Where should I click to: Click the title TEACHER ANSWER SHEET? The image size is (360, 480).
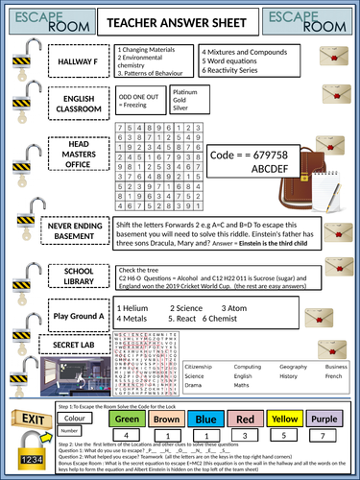pyautogui.click(x=180, y=20)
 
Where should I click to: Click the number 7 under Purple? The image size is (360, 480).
pyautogui.click(x=322, y=435)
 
